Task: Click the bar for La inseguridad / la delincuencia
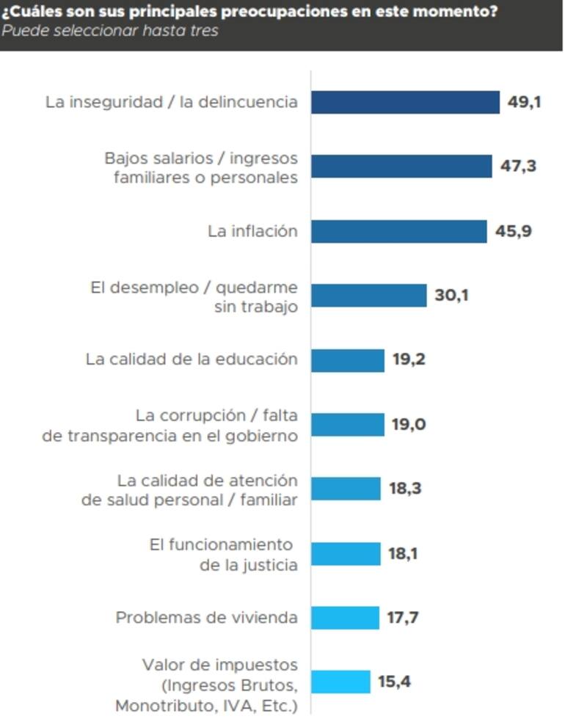point(405,102)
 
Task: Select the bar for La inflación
point(398,231)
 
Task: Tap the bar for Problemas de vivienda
point(345,618)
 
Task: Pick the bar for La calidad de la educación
point(348,360)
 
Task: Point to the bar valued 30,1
point(368,296)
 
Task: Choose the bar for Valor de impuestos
point(340,682)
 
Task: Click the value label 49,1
point(524,102)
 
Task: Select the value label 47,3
point(518,167)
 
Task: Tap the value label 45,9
point(513,231)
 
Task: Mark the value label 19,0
point(409,424)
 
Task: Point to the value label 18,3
point(405,489)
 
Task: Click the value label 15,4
point(394,682)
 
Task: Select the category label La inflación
point(252,231)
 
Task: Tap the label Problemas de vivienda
point(206,618)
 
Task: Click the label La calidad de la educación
point(192,359)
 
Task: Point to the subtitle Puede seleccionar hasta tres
point(109,31)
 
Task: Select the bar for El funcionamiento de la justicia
point(346,553)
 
